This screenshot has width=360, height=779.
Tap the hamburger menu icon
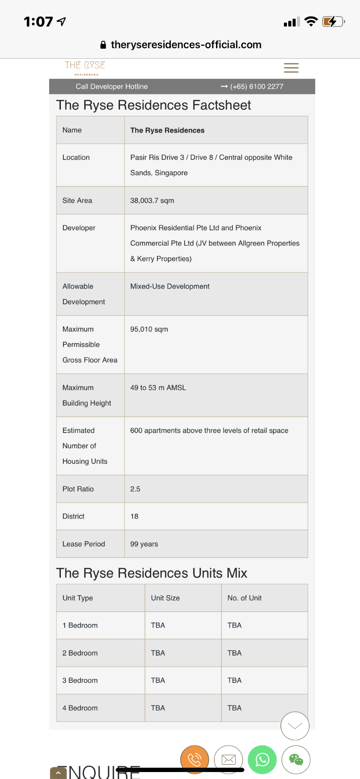(x=291, y=68)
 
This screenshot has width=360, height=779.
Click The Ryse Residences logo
(x=85, y=68)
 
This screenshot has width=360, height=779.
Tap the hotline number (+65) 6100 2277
(x=257, y=87)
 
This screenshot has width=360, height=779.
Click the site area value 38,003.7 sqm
(x=152, y=200)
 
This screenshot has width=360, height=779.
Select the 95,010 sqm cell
(x=149, y=329)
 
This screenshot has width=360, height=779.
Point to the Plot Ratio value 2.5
(x=135, y=489)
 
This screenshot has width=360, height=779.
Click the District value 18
(x=134, y=516)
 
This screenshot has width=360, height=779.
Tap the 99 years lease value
(x=144, y=544)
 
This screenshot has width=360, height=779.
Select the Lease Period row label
(x=84, y=544)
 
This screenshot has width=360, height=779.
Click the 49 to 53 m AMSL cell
(x=158, y=388)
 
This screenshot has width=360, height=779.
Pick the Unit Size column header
(x=165, y=598)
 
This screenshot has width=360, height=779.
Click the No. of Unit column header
(x=244, y=598)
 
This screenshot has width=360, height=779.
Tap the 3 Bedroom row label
(x=80, y=680)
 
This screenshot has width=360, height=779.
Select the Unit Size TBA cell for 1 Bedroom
(x=158, y=626)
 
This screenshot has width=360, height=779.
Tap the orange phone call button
(x=194, y=759)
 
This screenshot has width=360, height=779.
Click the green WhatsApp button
(x=262, y=759)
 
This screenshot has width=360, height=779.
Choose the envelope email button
(x=229, y=759)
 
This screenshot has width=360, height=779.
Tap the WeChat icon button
(x=296, y=759)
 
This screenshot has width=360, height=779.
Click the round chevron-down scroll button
(x=295, y=726)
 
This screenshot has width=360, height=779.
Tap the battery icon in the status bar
(x=333, y=21)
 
